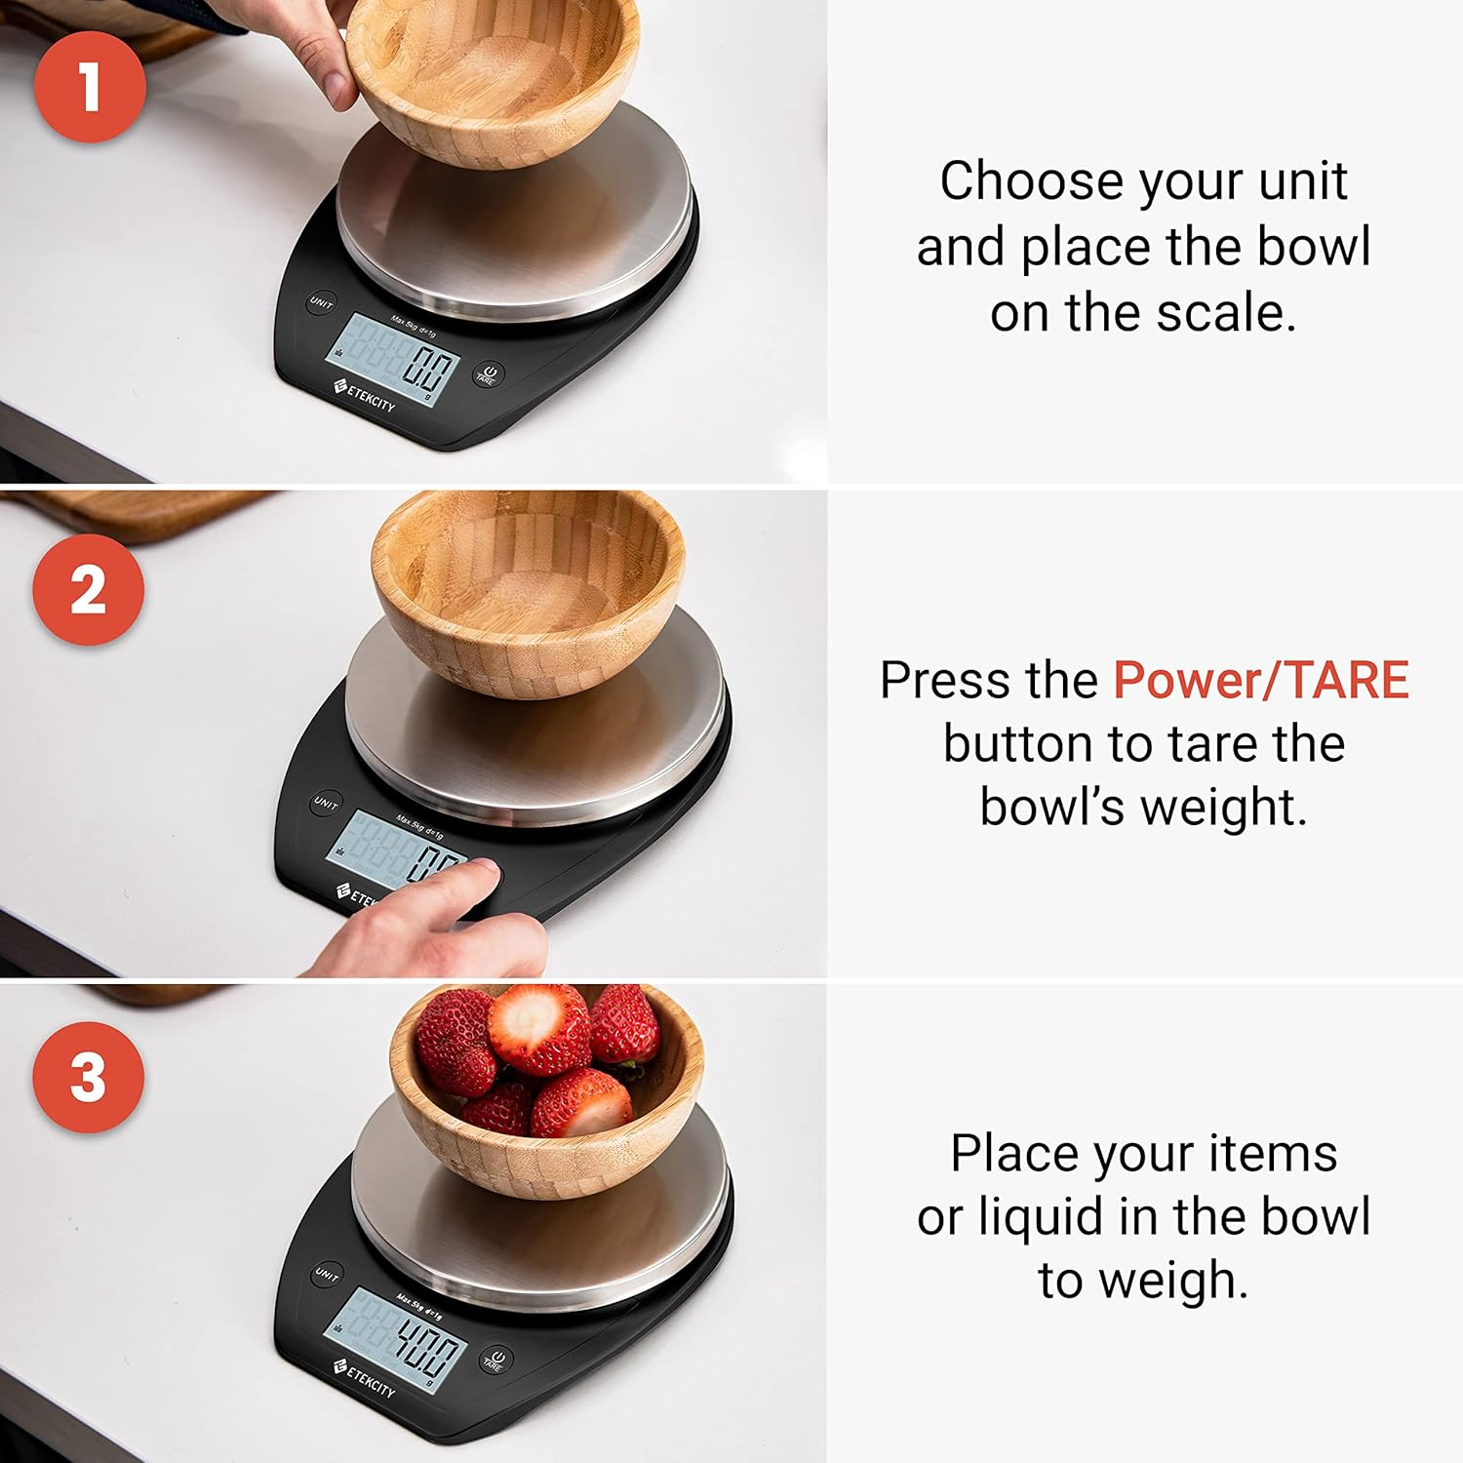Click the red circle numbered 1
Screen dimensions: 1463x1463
point(90,86)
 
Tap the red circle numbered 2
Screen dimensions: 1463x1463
point(88,589)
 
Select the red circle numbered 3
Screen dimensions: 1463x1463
point(88,1077)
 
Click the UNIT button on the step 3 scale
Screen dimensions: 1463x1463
point(327,1275)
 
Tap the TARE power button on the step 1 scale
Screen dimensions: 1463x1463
point(488,376)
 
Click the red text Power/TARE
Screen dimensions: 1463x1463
point(1260,680)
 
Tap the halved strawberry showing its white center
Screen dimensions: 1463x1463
point(538,1028)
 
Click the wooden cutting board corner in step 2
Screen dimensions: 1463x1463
point(146,512)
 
